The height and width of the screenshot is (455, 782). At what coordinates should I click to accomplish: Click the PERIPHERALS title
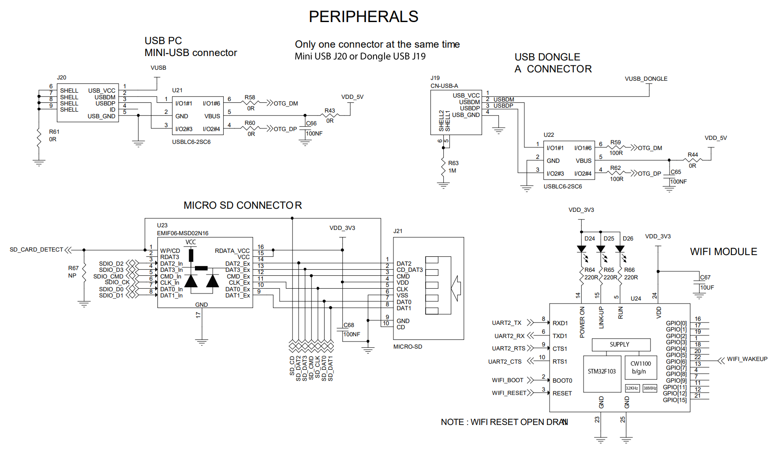point(363,17)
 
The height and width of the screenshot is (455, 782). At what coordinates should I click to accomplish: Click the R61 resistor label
point(54,132)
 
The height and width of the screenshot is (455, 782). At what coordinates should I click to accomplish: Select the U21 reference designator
point(177,90)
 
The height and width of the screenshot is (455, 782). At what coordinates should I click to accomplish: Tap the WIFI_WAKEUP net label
point(747,359)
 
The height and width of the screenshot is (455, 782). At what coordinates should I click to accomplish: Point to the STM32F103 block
point(602,372)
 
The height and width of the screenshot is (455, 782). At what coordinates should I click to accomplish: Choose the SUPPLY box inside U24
point(620,345)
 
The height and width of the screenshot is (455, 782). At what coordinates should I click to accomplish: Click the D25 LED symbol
point(601,249)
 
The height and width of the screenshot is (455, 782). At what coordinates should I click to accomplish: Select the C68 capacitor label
point(349,325)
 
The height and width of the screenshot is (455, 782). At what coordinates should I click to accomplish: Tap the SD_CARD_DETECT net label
point(37,250)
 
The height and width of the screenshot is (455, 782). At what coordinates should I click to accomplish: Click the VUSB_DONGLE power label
point(646,79)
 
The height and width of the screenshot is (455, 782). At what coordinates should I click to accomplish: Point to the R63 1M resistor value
point(453,171)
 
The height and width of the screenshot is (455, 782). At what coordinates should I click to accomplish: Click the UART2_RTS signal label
point(509,349)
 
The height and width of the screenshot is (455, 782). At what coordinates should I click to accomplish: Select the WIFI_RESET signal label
point(509,393)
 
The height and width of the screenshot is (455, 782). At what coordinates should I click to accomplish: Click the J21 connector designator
point(398,231)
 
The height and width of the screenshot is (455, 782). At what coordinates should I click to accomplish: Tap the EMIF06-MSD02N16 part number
point(183,233)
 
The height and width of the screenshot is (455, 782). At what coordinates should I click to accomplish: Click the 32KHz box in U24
point(632,388)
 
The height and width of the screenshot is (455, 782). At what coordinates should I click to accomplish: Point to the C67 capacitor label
point(705,278)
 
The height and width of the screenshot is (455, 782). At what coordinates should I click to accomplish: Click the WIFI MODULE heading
point(723,252)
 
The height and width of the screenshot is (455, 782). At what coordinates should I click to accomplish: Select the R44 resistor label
point(693,155)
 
